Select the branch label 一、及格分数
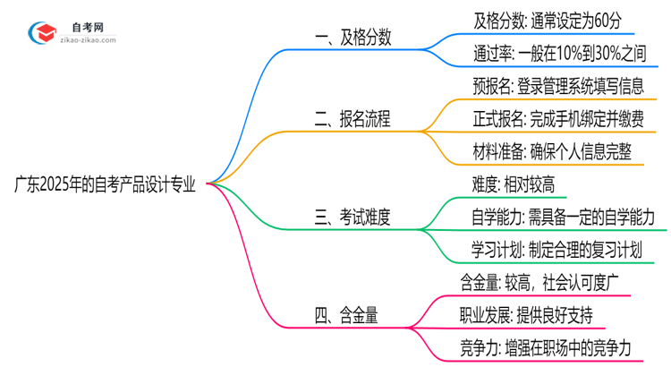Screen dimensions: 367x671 pos(354,39)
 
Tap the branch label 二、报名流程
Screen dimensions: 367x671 pos(354,119)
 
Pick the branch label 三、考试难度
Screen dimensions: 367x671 pos(354,218)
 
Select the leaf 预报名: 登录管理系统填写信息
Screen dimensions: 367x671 pos(557,87)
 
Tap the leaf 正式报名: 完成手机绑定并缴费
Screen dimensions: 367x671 pos(558,119)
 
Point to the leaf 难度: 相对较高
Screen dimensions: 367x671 pos(514,185)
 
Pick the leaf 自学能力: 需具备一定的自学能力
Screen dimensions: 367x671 pos(564,218)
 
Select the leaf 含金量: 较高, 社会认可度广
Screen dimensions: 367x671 pos(543,283)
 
